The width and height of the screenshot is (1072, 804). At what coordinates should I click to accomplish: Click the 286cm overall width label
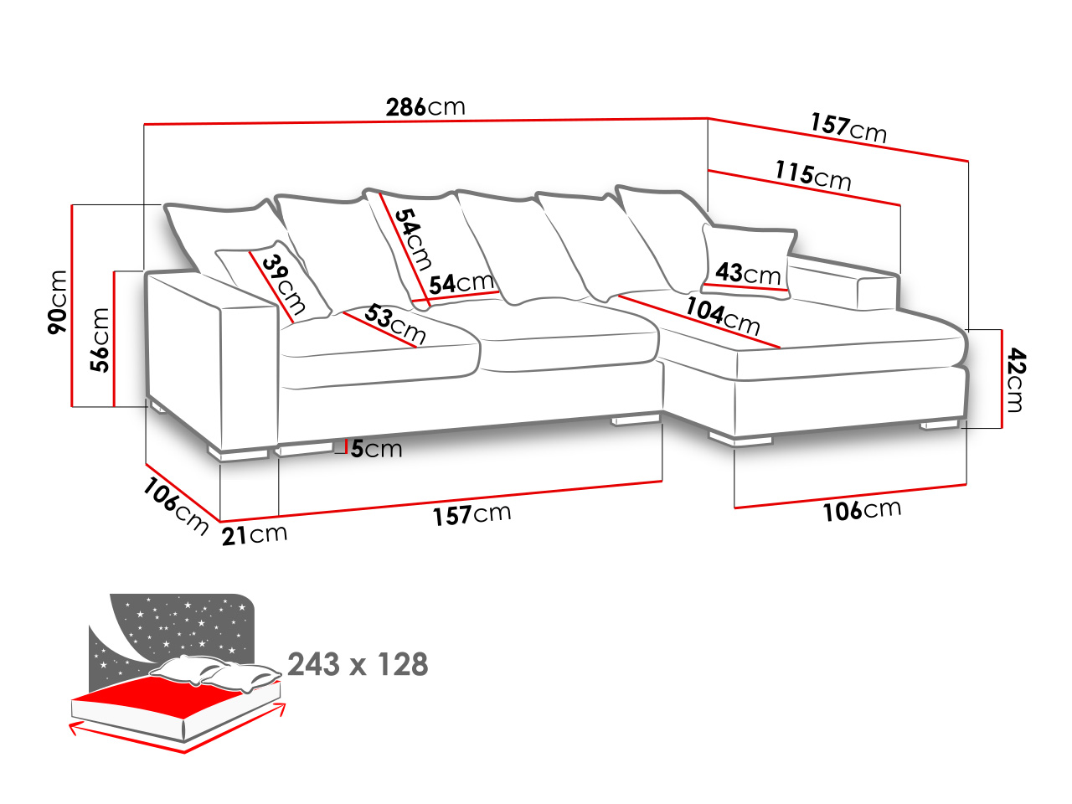pyautogui.click(x=425, y=107)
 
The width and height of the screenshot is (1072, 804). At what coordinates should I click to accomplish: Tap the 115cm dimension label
pyautogui.click(x=813, y=176)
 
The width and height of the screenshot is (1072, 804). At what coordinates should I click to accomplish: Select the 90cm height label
pyautogui.click(x=58, y=302)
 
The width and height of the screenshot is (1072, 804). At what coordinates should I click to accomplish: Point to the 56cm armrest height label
pyautogui.click(x=100, y=340)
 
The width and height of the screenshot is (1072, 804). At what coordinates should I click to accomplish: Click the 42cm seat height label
pyautogui.click(x=1013, y=379)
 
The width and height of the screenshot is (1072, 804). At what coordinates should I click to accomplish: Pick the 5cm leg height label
pyautogui.click(x=376, y=449)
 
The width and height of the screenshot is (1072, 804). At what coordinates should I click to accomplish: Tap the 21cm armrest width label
pyautogui.click(x=255, y=535)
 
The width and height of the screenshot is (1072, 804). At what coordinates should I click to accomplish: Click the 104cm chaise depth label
pyautogui.click(x=723, y=317)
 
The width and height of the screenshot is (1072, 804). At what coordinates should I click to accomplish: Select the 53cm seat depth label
pyautogui.click(x=394, y=323)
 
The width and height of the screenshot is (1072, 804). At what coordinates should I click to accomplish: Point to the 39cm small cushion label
pyautogui.click(x=284, y=285)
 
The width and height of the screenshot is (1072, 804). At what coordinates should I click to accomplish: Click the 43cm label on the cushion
pyautogui.click(x=748, y=274)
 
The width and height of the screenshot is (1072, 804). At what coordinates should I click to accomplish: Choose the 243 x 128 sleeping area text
pyautogui.click(x=358, y=664)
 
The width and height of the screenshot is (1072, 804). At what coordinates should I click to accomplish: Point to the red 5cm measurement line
pyautogui.click(x=346, y=446)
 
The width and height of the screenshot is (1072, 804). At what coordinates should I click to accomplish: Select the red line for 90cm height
pyautogui.click(x=72, y=306)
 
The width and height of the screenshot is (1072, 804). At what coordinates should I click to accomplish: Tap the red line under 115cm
pyautogui.click(x=804, y=188)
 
